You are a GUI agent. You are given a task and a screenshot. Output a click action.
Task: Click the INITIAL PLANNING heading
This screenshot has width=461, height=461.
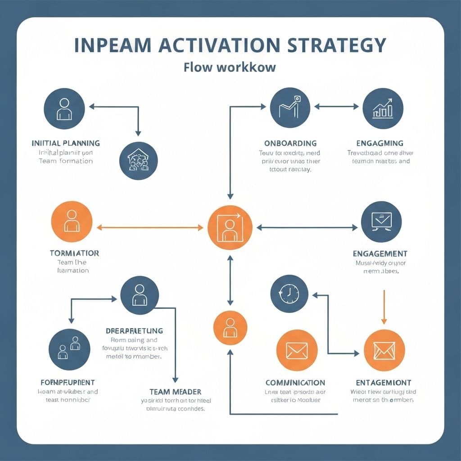[x=66, y=143]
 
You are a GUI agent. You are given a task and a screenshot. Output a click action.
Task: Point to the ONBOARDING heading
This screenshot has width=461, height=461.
[x=290, y=143]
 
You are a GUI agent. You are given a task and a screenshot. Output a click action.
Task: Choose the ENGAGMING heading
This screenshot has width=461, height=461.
[x=380, y=143]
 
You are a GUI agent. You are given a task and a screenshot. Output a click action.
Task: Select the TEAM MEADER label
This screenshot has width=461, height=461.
[x=175, y=392]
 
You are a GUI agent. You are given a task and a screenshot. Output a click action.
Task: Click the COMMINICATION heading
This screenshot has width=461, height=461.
[x=295, y=383]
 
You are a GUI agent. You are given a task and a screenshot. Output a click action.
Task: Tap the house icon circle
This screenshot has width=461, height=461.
[x=139, y=161]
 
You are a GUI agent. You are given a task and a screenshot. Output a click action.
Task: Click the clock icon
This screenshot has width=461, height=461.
[x=289, y=294]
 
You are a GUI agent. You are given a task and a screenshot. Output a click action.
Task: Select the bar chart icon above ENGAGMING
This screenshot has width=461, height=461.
[x=383, y=108]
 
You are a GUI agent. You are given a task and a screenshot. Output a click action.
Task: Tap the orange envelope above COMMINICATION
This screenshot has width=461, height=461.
[x=297, y=350]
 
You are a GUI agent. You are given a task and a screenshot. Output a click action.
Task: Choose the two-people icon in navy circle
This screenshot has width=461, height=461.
[x=69, y=349]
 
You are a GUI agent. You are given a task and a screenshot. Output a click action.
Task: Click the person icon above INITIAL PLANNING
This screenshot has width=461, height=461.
[x=64, y=108]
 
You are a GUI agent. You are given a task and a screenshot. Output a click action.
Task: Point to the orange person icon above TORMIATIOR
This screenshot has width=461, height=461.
[x=72, y=221]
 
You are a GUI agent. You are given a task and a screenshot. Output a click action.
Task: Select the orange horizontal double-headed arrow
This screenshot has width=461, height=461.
[x=150, y=228]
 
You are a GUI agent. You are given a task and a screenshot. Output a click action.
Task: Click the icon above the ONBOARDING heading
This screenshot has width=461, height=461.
[x=290, y=108]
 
